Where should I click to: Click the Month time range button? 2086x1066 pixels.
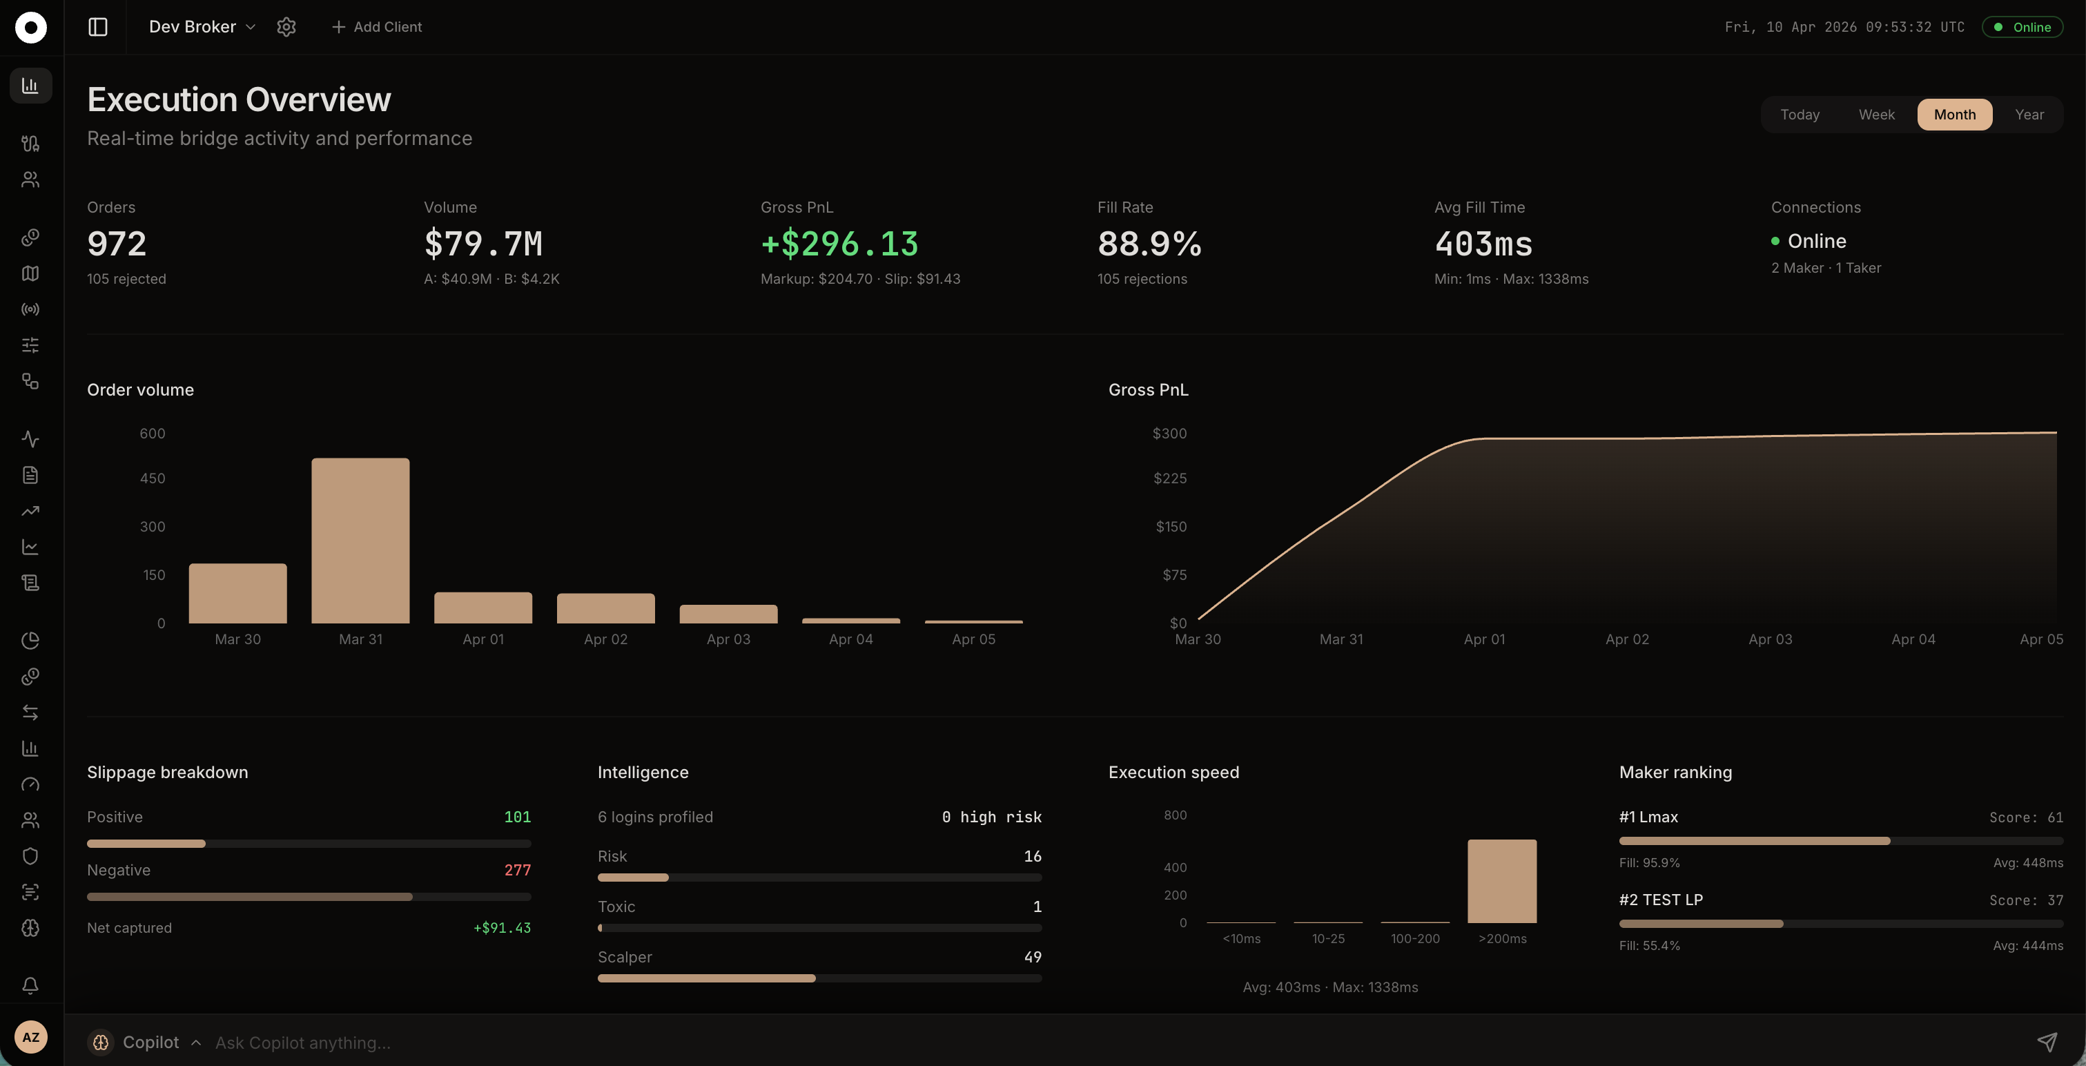[1954, 114]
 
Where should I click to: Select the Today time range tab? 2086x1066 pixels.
[1800, 114]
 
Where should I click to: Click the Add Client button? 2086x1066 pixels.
[377, 27]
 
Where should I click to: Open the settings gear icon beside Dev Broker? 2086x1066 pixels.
[286, 27]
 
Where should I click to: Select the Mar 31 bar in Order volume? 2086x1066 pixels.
[360, 541]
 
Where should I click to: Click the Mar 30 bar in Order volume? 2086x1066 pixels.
[237, 593]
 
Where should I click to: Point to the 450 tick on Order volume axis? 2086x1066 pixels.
[153, 478]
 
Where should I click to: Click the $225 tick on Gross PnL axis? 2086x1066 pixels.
[1169, 478]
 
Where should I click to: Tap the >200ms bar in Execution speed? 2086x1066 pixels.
[1501, 880]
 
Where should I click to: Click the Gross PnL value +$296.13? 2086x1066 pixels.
[839, 244]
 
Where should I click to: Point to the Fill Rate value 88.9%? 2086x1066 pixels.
[1149, 244]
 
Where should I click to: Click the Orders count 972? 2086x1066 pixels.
[117, 244]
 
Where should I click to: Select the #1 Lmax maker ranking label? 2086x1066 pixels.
[1648, 817]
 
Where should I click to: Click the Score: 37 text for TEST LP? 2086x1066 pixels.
[2025, 900]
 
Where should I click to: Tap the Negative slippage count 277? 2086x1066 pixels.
[518, 870]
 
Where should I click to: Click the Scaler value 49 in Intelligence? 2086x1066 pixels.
[1032, 957]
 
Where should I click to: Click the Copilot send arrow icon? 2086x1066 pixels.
[2047, 1042]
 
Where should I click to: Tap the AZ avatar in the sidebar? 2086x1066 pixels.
[31, 1037]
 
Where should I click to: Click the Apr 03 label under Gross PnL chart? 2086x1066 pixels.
[1769, 639]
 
